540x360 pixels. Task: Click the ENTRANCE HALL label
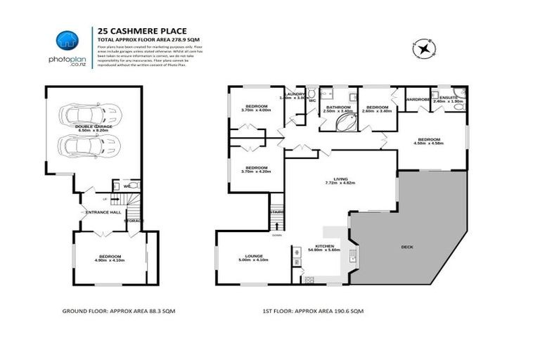pos(103,212)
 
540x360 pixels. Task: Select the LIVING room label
pos(342,180)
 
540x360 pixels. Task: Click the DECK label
pos(407,247)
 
